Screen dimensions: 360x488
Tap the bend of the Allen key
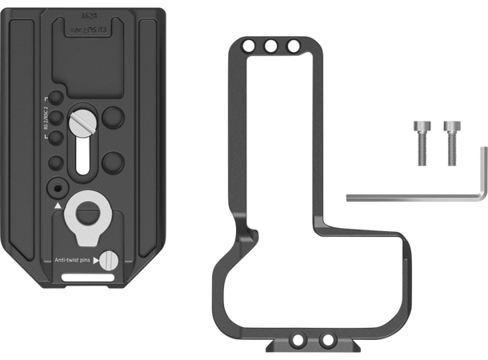coord(481,197)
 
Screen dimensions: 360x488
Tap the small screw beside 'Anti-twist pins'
coord(108,260)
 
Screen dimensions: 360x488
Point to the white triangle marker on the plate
coord(58,206)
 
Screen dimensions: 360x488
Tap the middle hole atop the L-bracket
coord(273,47)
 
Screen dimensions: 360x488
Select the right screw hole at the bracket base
coord(326,339)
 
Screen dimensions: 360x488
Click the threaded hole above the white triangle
coord(55,187)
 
